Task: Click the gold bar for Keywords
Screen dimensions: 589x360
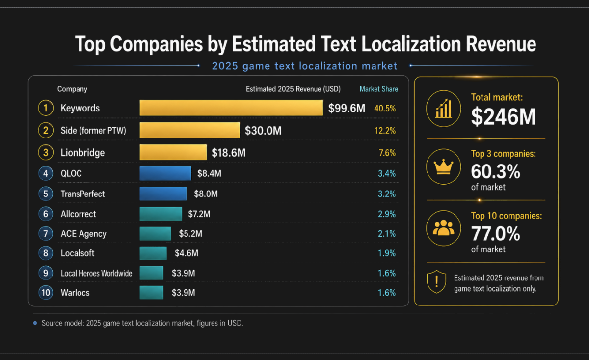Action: pyautogui.click(x=231, y=108)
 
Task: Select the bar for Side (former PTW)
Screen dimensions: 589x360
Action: pyautogui.click(x=189, y=130)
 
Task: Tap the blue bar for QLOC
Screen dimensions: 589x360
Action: pyautogui.click(x=165, y=173)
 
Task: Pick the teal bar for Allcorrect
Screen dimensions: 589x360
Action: pyautogui.click(x=161, y=214)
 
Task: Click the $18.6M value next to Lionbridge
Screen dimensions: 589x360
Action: pyautogui.click(x=229, y=153)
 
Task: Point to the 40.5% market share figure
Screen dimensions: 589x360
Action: pyautogui.click(x=385, y=108)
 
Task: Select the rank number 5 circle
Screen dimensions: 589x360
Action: pyautogui.click(x=46, y=194)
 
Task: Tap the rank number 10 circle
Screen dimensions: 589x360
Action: pyautogui.click(x=46, y=293)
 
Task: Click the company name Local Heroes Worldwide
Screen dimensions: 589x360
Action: pyautogui.click(x=96, y=273)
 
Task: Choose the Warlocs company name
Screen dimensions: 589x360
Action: pyautogui.click(x=75, y=293)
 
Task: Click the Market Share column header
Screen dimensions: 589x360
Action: pyautogui.click(x=378, y=89)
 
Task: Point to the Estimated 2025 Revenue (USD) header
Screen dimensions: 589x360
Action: pyautogui.click(x=293, y=89)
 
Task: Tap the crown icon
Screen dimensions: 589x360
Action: pyautogui.click(x=443, y=166)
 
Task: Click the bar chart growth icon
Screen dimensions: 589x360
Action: pyautogui.click(x=443, y=109)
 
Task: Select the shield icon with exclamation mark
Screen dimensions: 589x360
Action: pyautogui.click(x=436, y=281)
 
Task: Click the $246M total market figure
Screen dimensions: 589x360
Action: pyautogui.click(x=503, y=117)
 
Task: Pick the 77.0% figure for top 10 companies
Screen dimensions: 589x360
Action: pyautogui.click(x=495, y=234)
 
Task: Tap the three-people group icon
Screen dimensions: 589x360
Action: pyautogui.click(x=443, y=227)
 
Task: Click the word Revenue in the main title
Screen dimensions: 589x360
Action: pyautogui.click(x=501, y=44)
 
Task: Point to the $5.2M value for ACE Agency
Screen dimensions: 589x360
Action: pyautogui.click(x=190, y=233)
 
